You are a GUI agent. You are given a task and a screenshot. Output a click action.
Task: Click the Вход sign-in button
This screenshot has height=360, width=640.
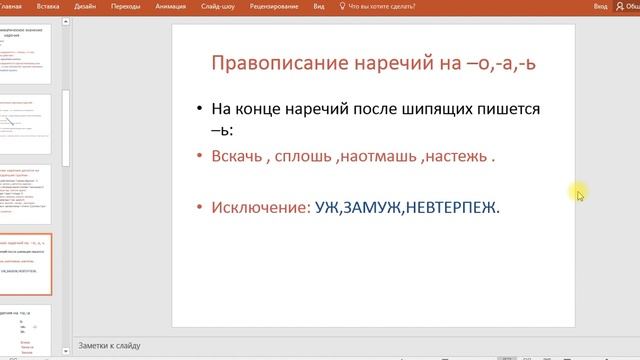tap(600, 6)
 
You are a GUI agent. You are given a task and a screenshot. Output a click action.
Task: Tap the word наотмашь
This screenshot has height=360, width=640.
tap(378, 156)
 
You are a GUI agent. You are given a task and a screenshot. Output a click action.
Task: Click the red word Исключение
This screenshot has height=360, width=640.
tap(255, 207)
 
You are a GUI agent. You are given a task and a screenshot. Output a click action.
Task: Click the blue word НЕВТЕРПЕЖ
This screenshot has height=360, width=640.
tap(456, 207)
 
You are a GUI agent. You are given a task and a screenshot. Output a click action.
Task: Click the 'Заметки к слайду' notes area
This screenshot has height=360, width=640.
tap(110, 346)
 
